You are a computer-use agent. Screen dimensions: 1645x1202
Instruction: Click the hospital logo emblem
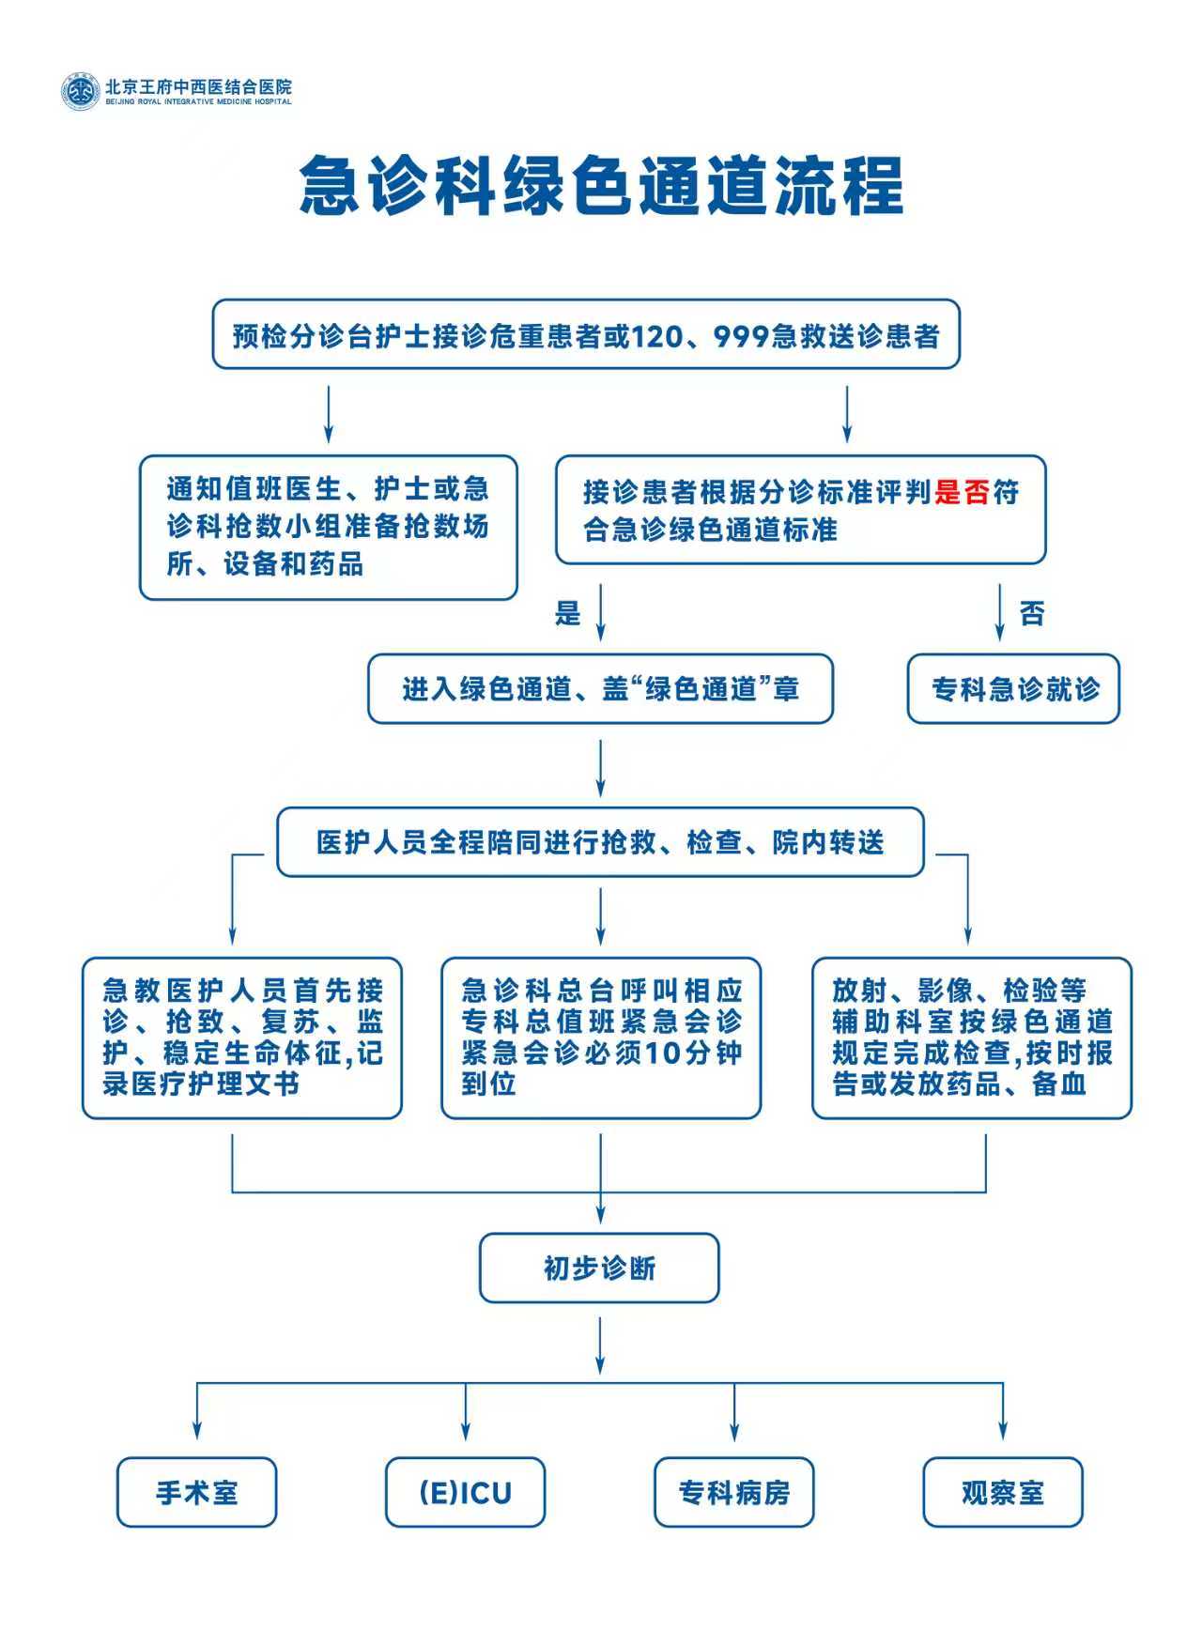(80, 91)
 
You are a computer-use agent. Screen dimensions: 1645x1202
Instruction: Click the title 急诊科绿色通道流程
(601, 185)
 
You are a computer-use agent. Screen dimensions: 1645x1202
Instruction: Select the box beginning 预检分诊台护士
(586, 335)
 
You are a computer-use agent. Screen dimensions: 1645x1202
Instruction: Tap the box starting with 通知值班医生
(329, 527)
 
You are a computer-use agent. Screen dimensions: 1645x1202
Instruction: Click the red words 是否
(962, 492)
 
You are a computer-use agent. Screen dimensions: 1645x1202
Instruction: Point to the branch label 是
(568, 614)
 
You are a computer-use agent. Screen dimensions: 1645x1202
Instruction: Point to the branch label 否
(1032, 614)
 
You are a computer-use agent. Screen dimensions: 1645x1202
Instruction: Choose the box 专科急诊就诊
(1014, 689)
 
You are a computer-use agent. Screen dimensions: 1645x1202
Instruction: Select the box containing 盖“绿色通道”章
(600, 689)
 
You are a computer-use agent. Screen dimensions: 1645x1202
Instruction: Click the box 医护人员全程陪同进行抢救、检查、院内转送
(600, 842)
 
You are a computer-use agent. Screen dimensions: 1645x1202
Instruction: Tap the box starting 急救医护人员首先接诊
(242, 1038)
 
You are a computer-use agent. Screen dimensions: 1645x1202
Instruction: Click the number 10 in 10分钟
(663, 1053)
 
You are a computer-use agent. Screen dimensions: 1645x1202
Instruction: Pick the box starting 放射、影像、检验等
(972, 1038)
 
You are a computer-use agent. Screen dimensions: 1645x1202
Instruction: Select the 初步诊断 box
(599, 1268)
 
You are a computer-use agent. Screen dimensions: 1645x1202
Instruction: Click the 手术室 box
(196, 1492)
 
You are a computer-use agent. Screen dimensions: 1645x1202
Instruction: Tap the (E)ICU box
(465, 1492)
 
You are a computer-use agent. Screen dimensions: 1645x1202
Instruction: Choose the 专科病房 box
(733, 1492)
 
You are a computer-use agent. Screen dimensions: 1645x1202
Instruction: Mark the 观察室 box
(1002, 1492)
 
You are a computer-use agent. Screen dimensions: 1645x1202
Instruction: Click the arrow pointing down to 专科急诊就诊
(999, 613)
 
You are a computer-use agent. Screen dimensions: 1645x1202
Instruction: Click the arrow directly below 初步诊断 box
(600, 1345)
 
